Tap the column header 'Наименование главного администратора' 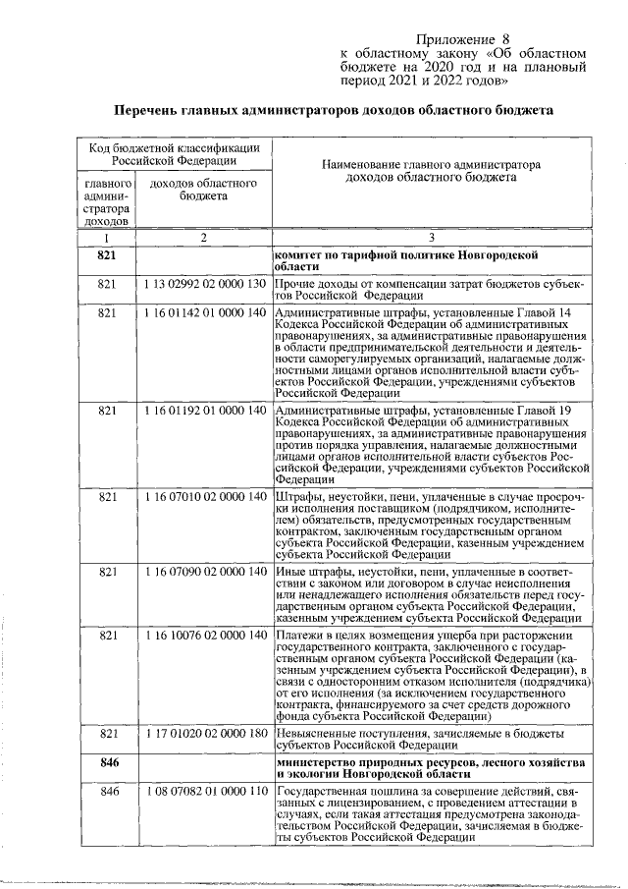point(431,166)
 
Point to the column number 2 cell point(203,238)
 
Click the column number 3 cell point(431,238)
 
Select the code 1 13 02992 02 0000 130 point(203,284)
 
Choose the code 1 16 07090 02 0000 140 point(203,571)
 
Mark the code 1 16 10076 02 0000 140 point(203,636)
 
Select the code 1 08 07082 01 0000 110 point(203,792)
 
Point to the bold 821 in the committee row point(108,254)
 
